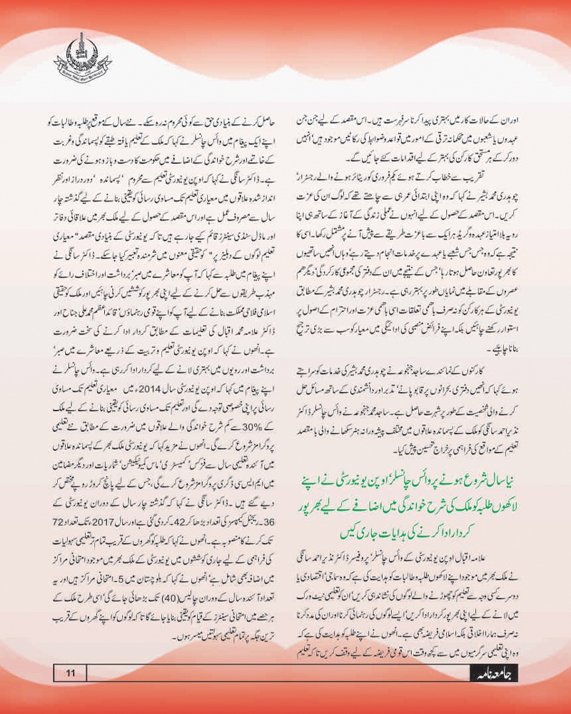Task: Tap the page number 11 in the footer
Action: [71, 672]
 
